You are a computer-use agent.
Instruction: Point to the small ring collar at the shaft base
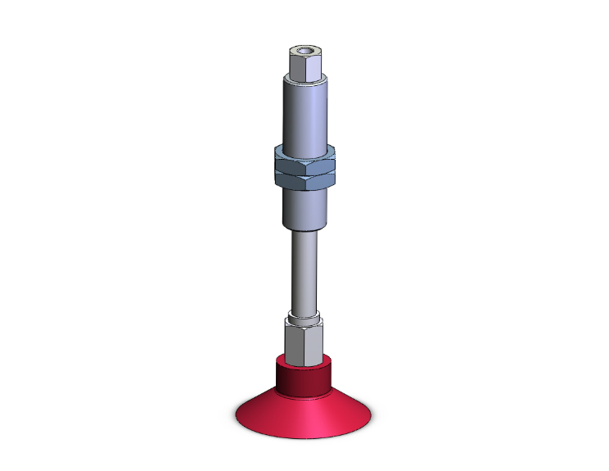pyautogui.click(x=304, y=315)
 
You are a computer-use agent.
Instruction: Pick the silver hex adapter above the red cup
pyautogui.click(x=305, y=340)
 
